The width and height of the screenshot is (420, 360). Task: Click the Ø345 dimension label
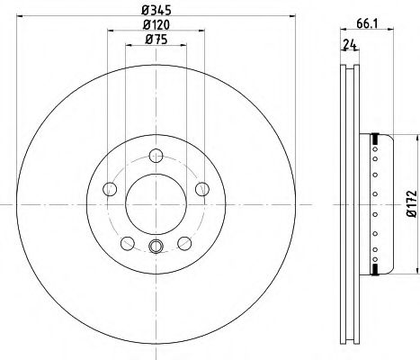tap(156, 11)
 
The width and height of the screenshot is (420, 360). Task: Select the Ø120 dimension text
tap(156, 25)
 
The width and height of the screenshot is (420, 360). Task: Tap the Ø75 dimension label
tap(156, 40)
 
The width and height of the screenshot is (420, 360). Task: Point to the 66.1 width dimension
tap(366, 23)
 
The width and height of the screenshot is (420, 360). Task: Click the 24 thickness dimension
tap(350, 45)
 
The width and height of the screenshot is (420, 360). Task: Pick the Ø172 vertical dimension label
tap(412, 203)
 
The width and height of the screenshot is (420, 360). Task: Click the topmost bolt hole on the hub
tap(156, 156)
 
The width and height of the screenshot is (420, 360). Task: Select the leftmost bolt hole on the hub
tap(110, 189)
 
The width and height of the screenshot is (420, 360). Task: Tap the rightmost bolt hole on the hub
tap(202, 189)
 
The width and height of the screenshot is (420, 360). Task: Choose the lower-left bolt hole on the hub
tap(128, 243)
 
